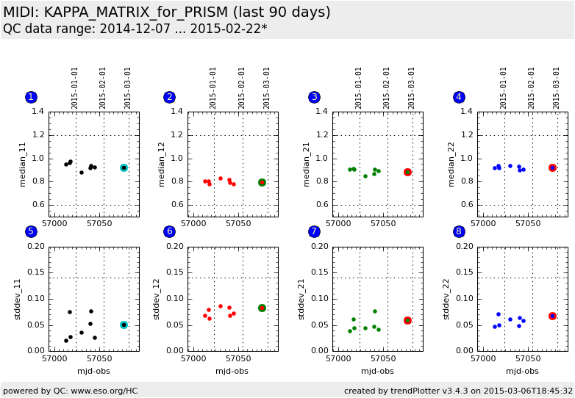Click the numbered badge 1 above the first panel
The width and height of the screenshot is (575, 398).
31,97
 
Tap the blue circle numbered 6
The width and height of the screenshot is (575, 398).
170,231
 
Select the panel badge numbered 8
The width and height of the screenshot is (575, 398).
459,231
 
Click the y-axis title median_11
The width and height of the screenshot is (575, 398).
22,164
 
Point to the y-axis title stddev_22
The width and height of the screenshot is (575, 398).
446,298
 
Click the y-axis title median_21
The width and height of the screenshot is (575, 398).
307,164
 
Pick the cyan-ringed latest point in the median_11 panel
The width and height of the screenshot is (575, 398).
124,167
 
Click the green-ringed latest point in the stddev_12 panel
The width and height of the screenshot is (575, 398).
262,308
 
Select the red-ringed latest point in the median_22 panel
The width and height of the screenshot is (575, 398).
552,167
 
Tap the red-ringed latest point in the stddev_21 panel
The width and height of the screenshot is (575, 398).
407,320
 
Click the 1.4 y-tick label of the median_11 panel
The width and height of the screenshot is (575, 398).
37,112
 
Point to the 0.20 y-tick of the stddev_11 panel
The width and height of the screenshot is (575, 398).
35,247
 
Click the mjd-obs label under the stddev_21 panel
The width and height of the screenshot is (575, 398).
377,371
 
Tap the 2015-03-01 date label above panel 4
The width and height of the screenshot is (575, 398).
557,87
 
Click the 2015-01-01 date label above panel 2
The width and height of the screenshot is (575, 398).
213,87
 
